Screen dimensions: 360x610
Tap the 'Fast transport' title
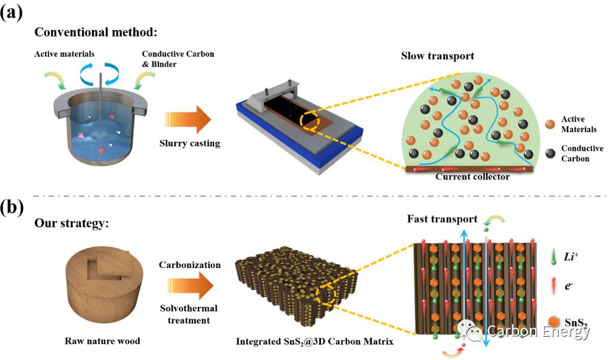pos(443,219)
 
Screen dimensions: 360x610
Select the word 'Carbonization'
pos(190,264)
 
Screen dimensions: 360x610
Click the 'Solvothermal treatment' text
pos(190,315)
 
